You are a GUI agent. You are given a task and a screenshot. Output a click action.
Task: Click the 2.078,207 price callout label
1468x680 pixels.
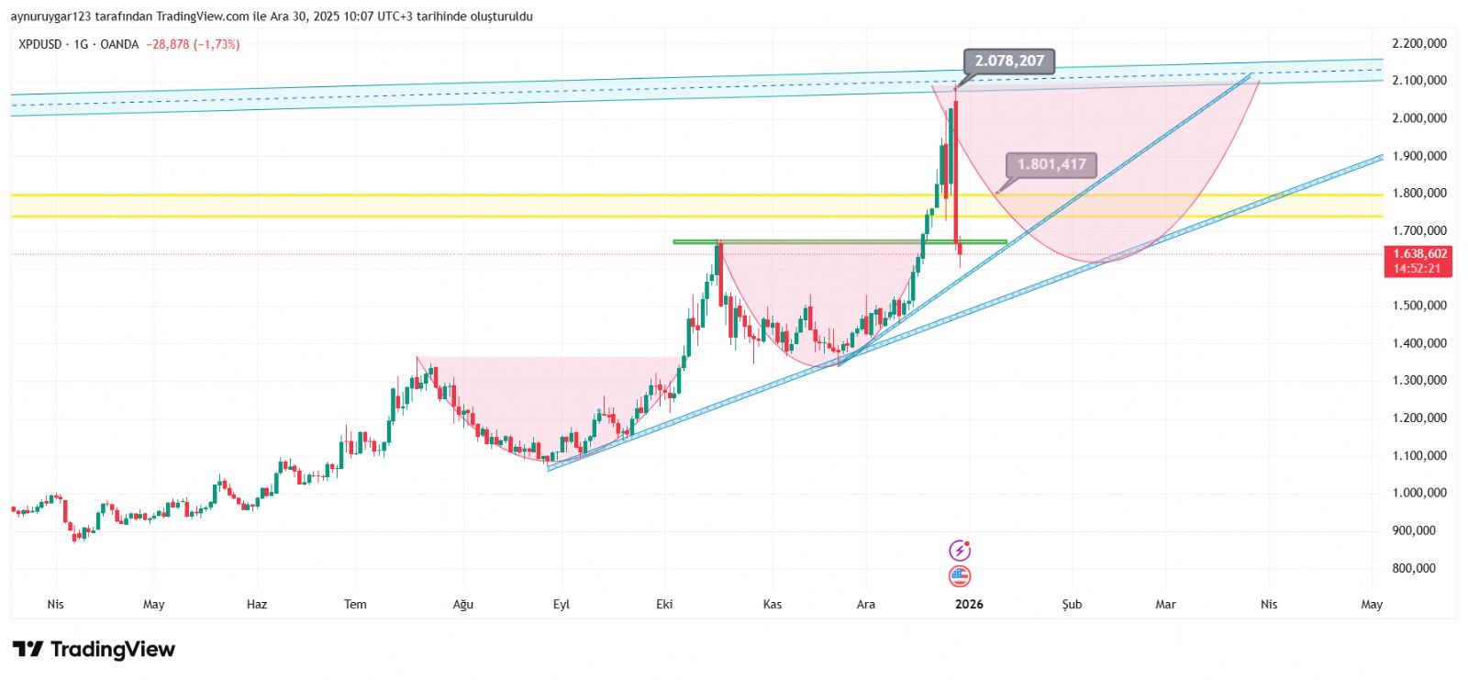click(x=1009, y=61)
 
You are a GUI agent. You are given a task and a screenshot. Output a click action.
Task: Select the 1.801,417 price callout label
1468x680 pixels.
click(x=1051, y=164)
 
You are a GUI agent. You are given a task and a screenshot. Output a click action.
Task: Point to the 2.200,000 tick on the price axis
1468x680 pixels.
click(x=1418, y=43)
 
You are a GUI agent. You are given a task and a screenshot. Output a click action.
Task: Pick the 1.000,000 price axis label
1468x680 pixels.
click(x=1418, y=493)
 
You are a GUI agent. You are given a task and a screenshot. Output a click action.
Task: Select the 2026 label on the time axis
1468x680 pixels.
click(x=969, y=604)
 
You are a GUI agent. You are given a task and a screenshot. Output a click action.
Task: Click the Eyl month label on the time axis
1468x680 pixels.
click(x=562, y=604)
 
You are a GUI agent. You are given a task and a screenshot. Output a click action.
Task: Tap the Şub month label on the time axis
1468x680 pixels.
click(x=1072, y=604)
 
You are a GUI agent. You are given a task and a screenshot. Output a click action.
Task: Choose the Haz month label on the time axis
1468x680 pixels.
click(x=257, y=604)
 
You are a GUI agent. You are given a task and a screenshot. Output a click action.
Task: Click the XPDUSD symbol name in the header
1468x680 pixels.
click(x=40, y=44)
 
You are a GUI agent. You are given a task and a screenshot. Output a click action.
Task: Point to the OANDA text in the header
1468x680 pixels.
click(x=119, y=44)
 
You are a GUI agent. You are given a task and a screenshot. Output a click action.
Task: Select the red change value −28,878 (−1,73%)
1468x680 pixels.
click(x=193, y=44)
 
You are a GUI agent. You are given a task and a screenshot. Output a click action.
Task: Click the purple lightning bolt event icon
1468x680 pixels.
click(x=959, y=551)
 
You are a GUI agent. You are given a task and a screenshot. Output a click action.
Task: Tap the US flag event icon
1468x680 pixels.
click(x=959, y=576)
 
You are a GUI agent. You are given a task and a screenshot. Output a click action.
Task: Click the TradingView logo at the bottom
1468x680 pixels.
click(x=94, y=650)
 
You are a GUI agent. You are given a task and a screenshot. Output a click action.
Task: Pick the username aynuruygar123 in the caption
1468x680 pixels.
click(x=50, y=17)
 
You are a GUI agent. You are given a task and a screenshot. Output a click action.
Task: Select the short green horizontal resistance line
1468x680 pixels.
click(x=839, y=242)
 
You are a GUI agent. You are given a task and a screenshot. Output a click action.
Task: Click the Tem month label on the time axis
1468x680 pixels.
click(x=355, y=604)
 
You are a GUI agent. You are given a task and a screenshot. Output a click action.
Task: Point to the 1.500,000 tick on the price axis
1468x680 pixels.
click(x=1418, y=306)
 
